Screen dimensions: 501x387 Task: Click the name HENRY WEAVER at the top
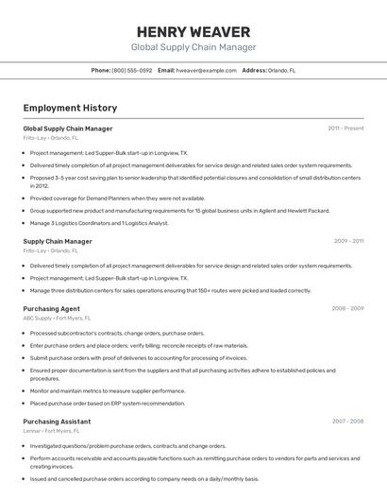[x=193, y=31]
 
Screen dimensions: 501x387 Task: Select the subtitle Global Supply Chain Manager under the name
[x=193, y=47]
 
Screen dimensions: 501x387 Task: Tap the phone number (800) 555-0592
[x=131, y=70]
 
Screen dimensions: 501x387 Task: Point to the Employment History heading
[x=62, y=108]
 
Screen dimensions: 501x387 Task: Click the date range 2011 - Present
[x=345, y=128]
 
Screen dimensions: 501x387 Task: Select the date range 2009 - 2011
[x=348, y=241]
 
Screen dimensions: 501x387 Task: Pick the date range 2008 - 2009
[x=347, y=308]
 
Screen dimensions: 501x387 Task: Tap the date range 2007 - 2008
[x=347, y=421]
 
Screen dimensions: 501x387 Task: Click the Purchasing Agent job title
[x=51, y=308]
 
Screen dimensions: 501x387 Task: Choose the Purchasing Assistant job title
[x=57, y=421]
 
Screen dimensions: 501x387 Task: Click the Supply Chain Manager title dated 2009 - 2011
[x=58, y=241]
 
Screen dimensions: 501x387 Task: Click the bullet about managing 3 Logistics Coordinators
[x=99, y=223]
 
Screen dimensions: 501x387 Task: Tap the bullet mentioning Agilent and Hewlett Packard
[x=179, y=211]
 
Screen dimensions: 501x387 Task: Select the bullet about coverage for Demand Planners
[x=117, y=199]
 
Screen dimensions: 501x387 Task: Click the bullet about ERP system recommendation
[x=107, y=403]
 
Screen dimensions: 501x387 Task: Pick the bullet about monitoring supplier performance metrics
[x=107, y=390]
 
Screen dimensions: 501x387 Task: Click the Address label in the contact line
[x=254, y=70]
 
